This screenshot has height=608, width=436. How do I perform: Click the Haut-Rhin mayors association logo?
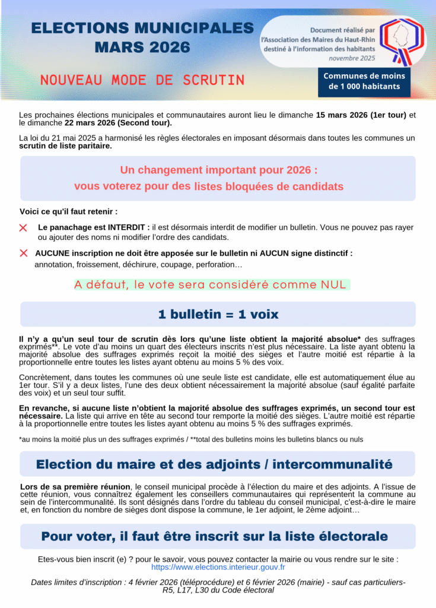(402, 40)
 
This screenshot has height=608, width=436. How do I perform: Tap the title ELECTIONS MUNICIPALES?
(142, 28)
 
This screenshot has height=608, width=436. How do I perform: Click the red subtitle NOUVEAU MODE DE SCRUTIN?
(142, 80)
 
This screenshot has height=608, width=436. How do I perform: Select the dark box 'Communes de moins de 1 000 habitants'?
(364, 81)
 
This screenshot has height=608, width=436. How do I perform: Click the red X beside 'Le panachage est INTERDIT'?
(23, 228)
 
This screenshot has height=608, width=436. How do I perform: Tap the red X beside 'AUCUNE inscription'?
(23, 253)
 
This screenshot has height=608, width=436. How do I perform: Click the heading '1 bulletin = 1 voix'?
(218, 314)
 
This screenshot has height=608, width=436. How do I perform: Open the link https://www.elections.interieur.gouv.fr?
(218, 568)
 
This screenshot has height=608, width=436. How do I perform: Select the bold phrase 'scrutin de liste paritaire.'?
(65, 146)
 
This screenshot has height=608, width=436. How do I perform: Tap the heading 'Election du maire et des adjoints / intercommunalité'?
(214, 464)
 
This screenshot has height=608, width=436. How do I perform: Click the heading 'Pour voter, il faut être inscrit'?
(214, 537)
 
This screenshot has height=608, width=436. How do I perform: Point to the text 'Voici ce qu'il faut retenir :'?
(68, 211)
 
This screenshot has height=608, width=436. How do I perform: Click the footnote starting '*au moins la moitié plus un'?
(190, 439)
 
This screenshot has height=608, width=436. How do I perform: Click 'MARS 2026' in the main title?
(142, 47)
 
